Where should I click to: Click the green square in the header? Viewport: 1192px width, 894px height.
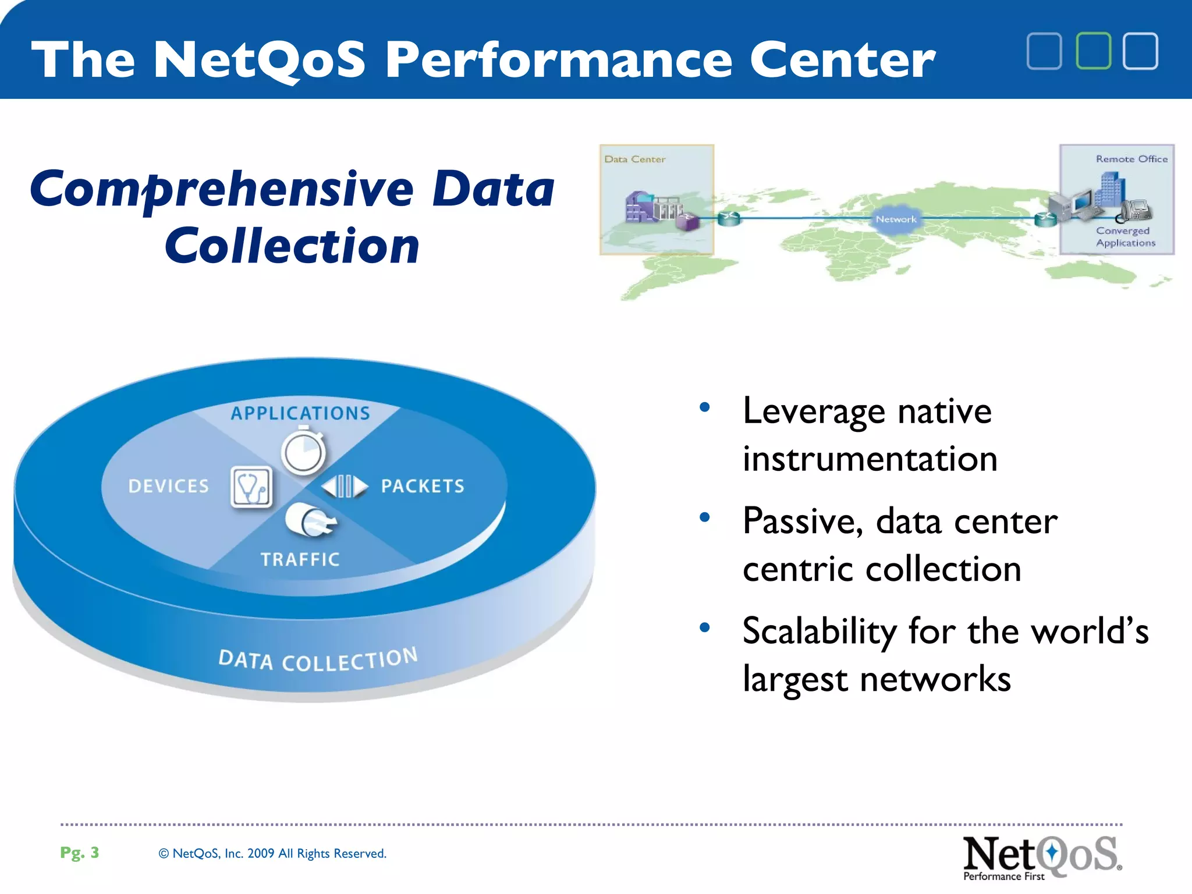pos(1093,51)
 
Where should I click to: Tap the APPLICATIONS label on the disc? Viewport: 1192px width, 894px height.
pos(300,413)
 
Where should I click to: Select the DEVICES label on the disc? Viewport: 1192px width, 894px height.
pos(168,486)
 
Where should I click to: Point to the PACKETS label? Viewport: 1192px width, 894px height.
pos(423,486)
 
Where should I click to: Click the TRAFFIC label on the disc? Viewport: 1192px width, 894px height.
pos(300,559)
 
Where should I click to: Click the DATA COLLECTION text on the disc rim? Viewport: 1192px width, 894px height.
pos(318,660)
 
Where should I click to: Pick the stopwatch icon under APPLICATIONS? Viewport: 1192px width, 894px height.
pos(303,452)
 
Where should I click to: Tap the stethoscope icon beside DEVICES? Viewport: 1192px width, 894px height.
pos(251,487)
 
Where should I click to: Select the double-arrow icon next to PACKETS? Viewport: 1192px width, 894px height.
pos(345,486)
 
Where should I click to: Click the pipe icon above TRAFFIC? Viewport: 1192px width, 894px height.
pos(310,519)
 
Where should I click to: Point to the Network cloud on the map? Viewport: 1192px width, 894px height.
pos(896,219)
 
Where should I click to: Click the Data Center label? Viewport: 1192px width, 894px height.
pos(634,159)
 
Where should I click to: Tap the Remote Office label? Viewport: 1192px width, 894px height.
pos(1131,159)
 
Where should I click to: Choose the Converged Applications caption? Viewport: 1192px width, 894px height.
pos(1125,237)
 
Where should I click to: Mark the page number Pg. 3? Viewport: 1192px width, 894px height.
pos(80,853)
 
